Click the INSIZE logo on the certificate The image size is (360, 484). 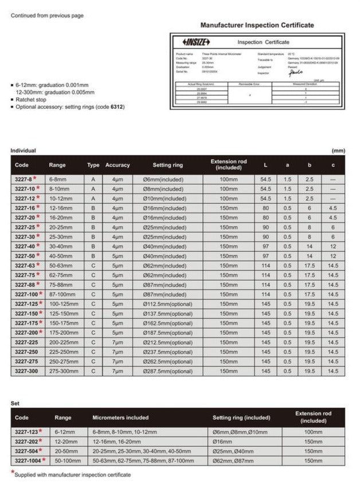coord(196,42)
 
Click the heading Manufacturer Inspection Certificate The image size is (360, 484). coord(257,25)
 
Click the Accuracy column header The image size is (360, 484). coord(118,165)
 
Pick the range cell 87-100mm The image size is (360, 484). coord(61,294)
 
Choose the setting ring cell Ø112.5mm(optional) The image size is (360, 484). coord(167,304)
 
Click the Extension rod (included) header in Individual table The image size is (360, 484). coord(228,165)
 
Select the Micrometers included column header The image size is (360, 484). coord(120,418)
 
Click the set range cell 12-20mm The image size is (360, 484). coord(65,441)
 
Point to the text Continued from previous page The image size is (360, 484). coord(47,15)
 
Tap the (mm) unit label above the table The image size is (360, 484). coord(339,151)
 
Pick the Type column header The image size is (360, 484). coord(93,165)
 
